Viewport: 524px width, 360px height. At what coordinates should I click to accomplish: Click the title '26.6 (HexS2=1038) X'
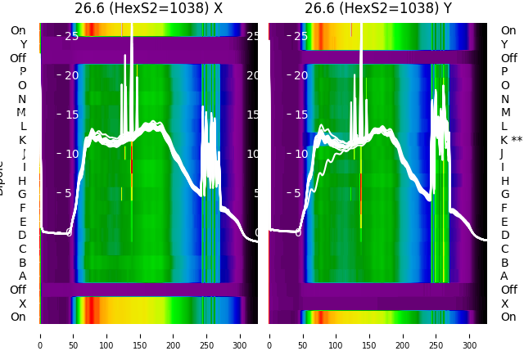148,9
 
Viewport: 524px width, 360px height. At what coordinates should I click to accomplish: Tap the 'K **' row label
511,140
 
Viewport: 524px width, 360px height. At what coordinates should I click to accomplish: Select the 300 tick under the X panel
241,335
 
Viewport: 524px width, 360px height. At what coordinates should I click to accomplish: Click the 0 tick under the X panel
40,335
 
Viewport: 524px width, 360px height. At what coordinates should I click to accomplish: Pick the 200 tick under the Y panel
403,335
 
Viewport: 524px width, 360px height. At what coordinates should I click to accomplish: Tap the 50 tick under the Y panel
302,335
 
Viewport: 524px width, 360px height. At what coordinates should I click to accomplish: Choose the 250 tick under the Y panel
436,335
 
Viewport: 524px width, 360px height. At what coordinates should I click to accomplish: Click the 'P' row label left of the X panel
22,72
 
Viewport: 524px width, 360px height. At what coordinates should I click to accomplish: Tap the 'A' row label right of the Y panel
504,276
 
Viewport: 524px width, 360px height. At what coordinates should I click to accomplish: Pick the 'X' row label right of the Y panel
504,304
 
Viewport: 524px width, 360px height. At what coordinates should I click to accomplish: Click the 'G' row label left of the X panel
22,194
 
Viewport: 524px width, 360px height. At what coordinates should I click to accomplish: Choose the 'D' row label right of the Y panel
504,235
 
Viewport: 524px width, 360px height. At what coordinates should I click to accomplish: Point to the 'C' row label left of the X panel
22,249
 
